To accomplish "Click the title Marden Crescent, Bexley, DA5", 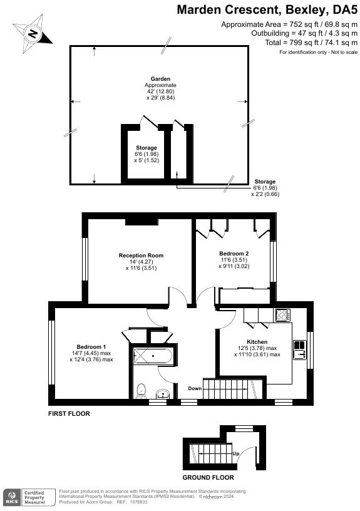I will click(267, 9).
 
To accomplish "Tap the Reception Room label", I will click(141, 255).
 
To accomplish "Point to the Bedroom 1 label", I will click(91, 347).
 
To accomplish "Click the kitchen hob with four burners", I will click(282, 315).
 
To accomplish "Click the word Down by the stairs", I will click(195, 388).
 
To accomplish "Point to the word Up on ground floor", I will click(235, 453).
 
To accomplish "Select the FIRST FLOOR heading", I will click(69, 414).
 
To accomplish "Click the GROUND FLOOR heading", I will click(208, 477).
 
